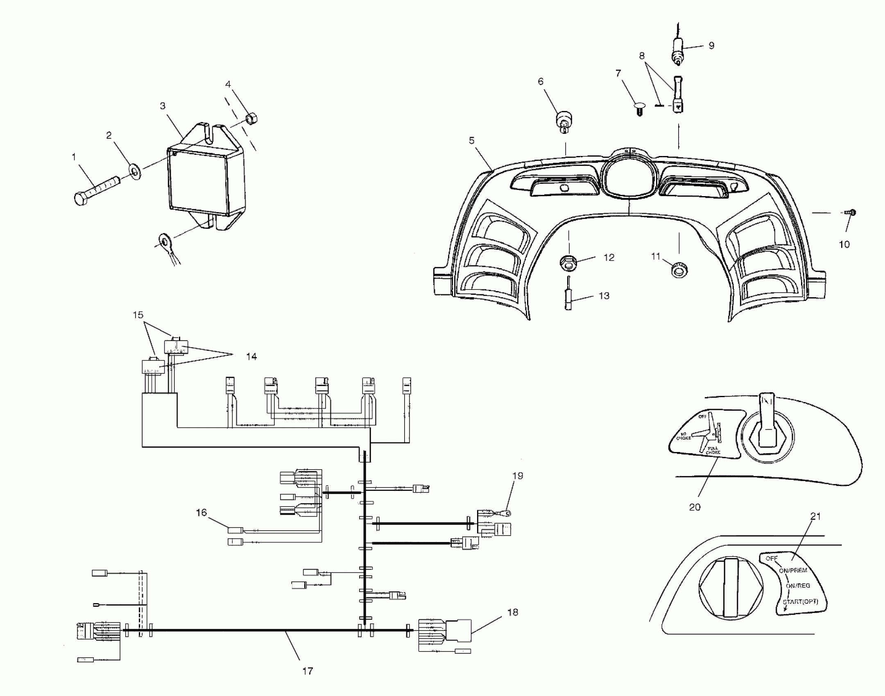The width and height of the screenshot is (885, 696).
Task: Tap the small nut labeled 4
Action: click(x=251, y=119)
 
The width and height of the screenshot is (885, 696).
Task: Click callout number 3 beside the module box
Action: click(x=163, y=106)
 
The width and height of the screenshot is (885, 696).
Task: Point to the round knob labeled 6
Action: click(x=563, y=122)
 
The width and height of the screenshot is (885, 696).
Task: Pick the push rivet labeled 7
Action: click(x=639, y=109)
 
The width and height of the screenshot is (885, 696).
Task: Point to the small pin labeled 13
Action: click(x=569, y=294)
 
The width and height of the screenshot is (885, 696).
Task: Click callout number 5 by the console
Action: click(x=472, y=140)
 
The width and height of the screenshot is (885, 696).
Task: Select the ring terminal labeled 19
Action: click(x=507, y=512)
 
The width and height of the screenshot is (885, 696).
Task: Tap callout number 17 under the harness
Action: click(x=308, y=671)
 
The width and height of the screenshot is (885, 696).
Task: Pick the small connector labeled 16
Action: click(x=235, y=530)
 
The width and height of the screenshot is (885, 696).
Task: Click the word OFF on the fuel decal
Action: click(x=772, y=558)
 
